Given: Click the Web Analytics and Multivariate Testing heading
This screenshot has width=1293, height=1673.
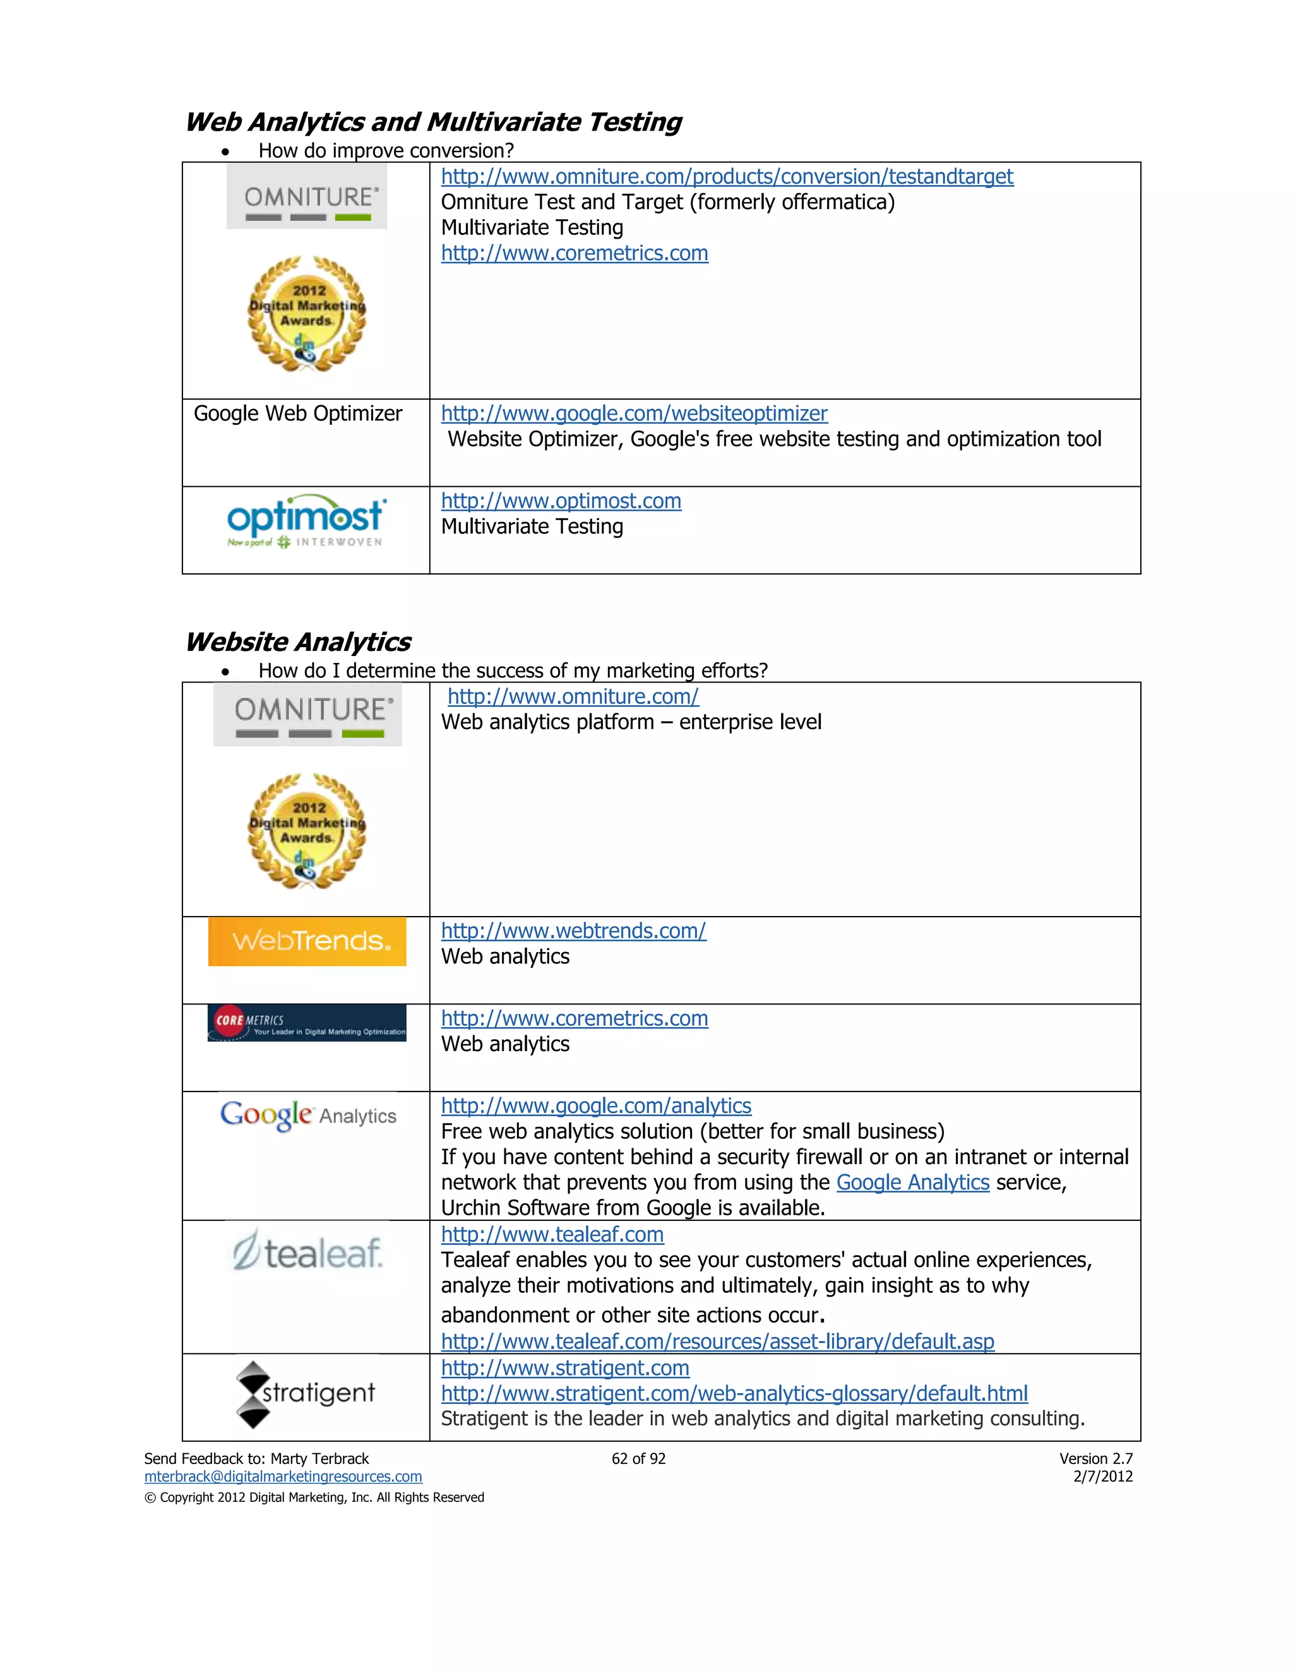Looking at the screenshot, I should tap(432, 122).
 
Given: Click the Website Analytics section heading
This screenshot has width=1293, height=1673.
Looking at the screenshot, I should tap(298, 642).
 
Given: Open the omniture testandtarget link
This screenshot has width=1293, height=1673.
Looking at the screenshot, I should tap(726, 177).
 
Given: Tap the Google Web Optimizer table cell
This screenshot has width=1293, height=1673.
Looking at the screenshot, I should tap(298, 414).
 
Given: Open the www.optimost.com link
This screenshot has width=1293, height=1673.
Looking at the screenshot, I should tap(561, 501).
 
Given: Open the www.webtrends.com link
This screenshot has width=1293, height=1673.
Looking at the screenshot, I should tap(573, 931).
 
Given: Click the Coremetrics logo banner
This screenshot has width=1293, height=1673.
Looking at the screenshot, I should tap(306, 1023).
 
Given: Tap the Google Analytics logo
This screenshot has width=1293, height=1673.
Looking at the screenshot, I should tap(308, 1116).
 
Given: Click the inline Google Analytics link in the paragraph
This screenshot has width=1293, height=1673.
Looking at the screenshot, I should tap(912, 1182).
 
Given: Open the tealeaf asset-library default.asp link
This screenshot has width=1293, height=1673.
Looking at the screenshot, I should tap(717, 1342).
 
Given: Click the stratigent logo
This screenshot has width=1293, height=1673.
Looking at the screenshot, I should tap(306, 1394).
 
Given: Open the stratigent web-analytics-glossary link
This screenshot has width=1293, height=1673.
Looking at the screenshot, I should tap(734, 1393).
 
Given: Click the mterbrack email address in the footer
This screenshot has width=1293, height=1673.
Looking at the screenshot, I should tap(283, 1476).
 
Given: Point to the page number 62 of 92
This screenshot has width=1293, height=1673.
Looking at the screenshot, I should tap(638, 1458).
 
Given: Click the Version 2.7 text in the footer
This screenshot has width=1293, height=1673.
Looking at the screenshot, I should tap(1095, 1458).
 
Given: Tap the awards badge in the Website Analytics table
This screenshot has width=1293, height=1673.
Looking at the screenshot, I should tap(306, 831).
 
